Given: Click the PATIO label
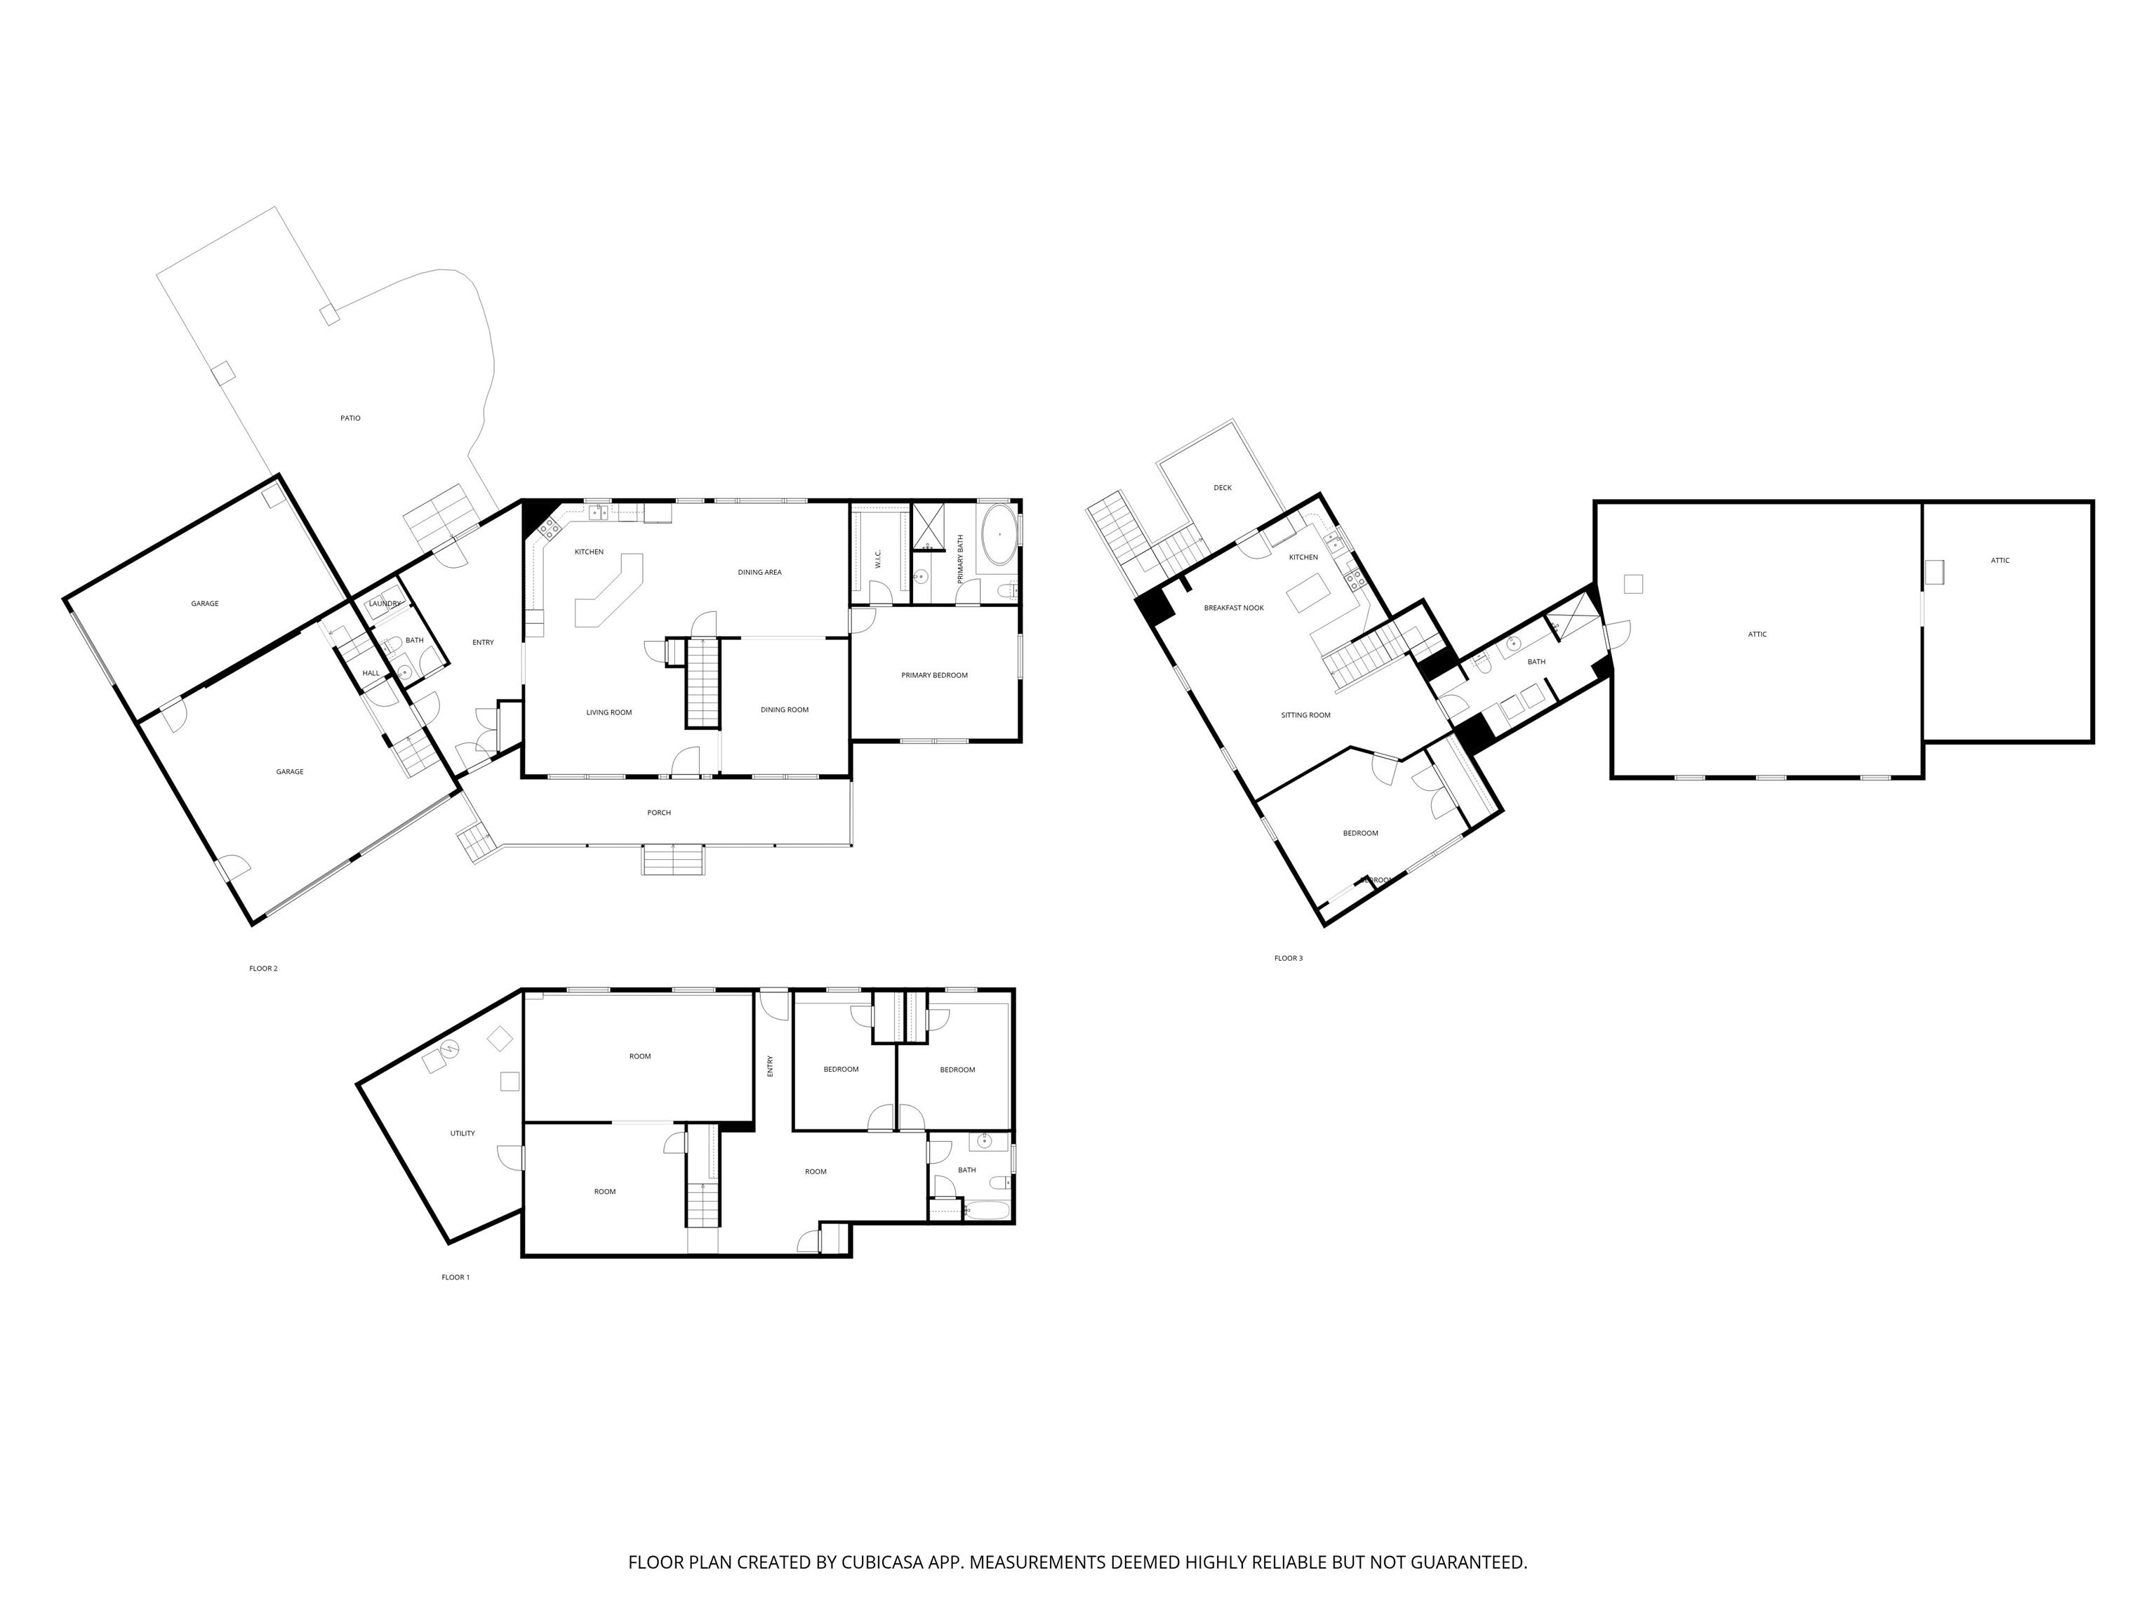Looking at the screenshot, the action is (x=350, y=418).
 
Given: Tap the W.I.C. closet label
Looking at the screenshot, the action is (x=878, y=559).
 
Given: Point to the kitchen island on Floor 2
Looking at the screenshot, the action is (x=610, y=590).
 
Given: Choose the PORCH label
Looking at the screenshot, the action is (x=659, y=813).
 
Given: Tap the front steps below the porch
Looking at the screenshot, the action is (x=672, y=860).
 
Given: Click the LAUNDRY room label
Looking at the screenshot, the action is (x=385, y=604).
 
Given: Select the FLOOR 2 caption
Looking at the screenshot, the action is (x=263, y=969).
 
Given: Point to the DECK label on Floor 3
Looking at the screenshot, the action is (x=1223, y=487).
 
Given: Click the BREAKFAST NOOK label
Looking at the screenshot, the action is (x=1234, y=608).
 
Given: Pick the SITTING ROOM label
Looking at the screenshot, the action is (x=1305, y=715).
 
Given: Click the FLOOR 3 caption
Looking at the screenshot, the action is (x=1288, y=958).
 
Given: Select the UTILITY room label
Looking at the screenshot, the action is (x=462, y=1133).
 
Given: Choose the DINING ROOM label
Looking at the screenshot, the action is (x=785, y=710).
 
